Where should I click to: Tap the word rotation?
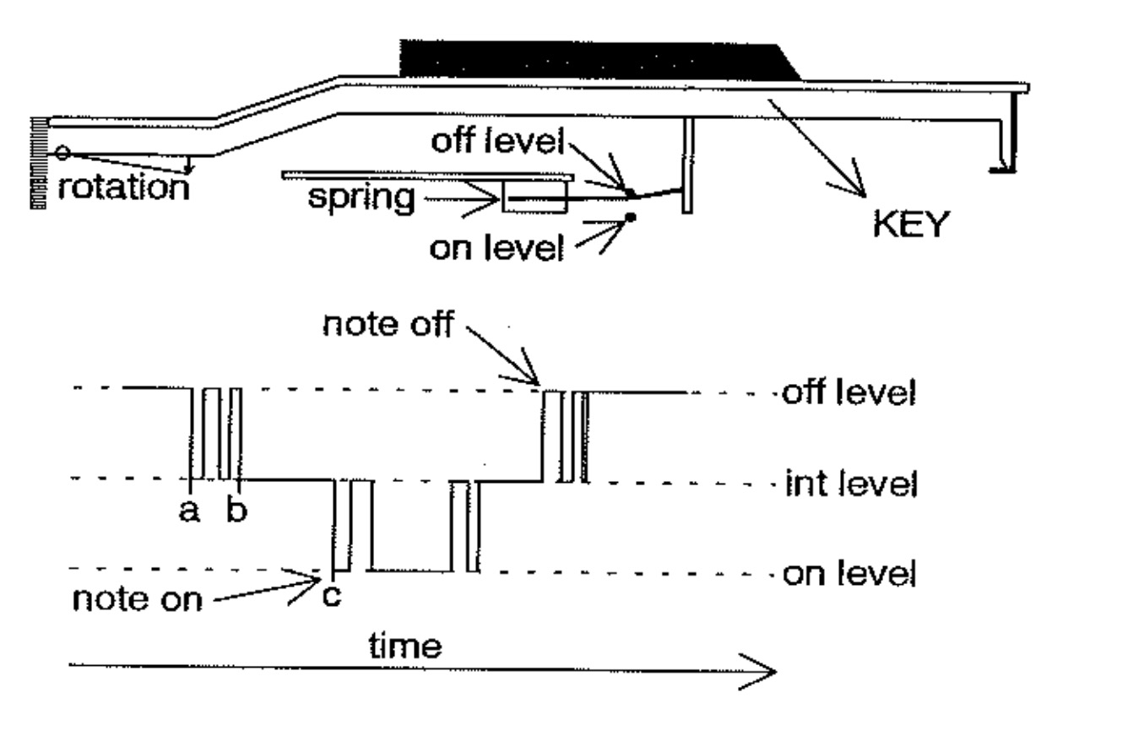click(123, 187)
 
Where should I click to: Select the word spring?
click(361, 198)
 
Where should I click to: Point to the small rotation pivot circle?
click(62, 153)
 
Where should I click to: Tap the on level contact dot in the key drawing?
click(630, 219)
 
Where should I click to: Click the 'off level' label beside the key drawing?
click(496, 142)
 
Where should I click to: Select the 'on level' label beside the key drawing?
click(496, 248)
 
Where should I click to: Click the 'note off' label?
click(387, 325)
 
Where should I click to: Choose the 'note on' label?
click(138, 599)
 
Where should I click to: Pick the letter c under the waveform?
click(332, 595)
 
